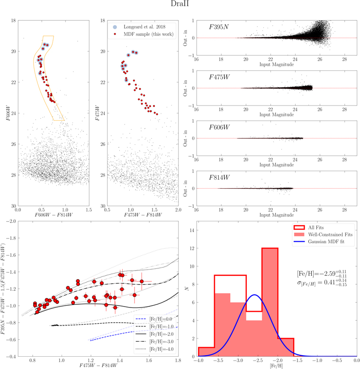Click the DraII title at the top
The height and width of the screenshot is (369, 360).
tap(180, 4)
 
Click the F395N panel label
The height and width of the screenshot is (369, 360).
tap(219, 27)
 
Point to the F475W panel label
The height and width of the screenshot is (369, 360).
tap(219, 77)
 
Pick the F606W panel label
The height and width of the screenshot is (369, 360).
tap(219, 127)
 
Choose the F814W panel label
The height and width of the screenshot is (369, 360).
tap(219, 177)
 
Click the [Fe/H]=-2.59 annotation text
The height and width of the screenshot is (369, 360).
tap(322, 273)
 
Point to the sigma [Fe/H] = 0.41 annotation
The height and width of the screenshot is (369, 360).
tap(322, 282)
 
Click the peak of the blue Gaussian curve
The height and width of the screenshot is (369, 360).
tap(254, 295)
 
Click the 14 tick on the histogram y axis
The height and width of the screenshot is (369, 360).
tap(192, 230)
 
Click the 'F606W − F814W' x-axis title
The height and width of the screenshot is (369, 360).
tap(54, 215)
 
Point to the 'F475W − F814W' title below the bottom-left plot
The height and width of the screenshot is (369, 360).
tap(98, 365)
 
